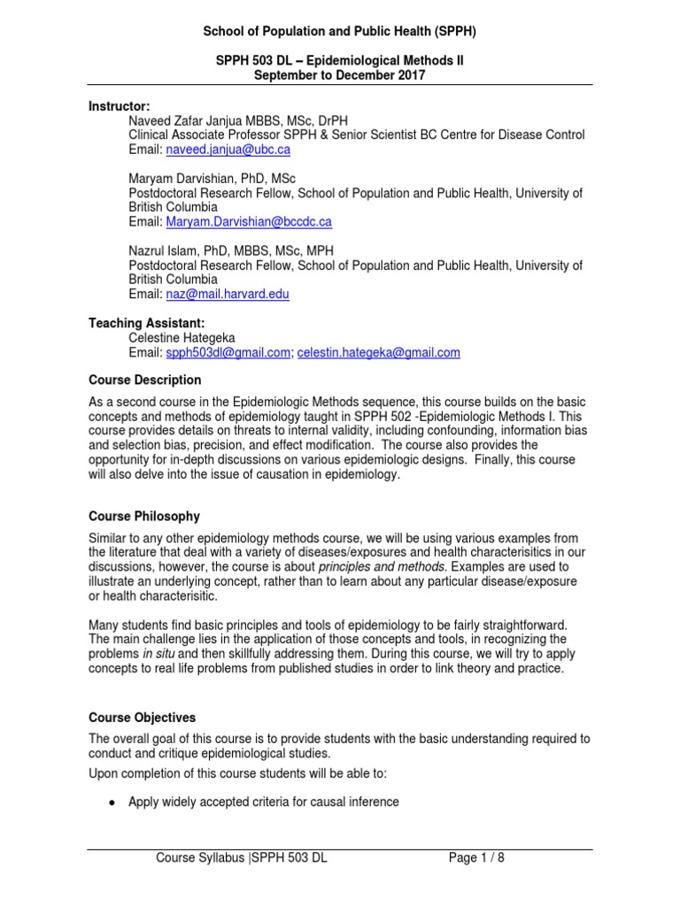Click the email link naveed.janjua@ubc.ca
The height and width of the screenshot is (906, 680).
click(x=228, y=150)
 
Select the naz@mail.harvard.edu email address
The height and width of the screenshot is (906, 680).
click(x=228, y=294)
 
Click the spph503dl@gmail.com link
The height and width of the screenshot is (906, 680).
click(x=228, y=352)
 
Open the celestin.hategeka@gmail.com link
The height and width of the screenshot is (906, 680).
click(x=378, y=352)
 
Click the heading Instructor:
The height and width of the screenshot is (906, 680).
click(x=120, y=106)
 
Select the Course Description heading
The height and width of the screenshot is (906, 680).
click(x=145, y=380)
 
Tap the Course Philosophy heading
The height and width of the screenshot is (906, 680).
click(x=144, y=516)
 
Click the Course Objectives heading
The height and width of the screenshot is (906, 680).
click(x=143, y=718)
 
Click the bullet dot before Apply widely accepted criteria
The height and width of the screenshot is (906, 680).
click(x=111, y=802)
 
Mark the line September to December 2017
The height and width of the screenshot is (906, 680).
click(x=340, y=75)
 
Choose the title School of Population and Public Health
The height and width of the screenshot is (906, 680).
click(x=340, y=32)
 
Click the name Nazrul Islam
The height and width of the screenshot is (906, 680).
click(x=164, y=251)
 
